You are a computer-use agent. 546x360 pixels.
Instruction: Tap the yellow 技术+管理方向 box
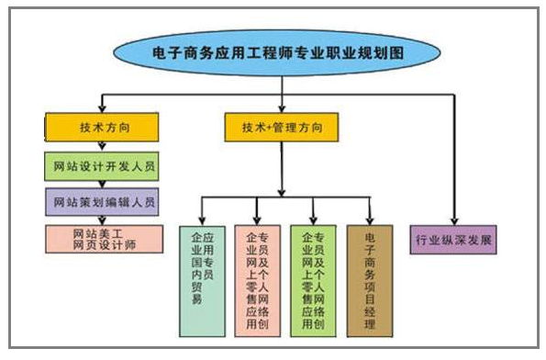pyautogui.click(x=280, y=126)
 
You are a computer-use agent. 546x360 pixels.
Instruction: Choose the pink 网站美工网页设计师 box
pyautogui.click(x=103, y=238)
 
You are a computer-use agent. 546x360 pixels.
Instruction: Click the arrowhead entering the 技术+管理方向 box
pyautogui.click(x=280, y=108)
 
